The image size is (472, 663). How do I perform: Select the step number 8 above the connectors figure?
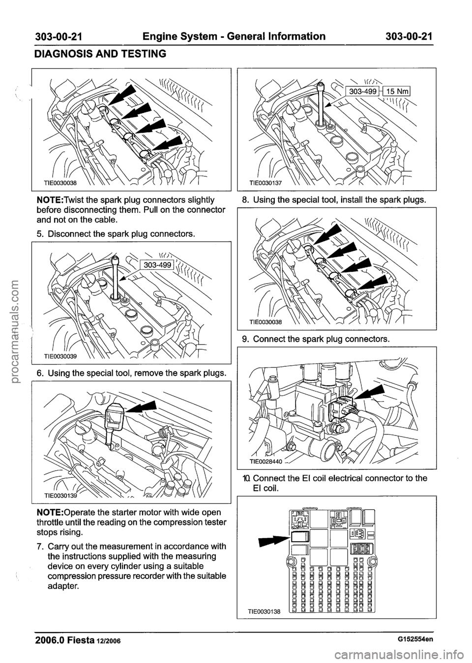coord(245,199)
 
